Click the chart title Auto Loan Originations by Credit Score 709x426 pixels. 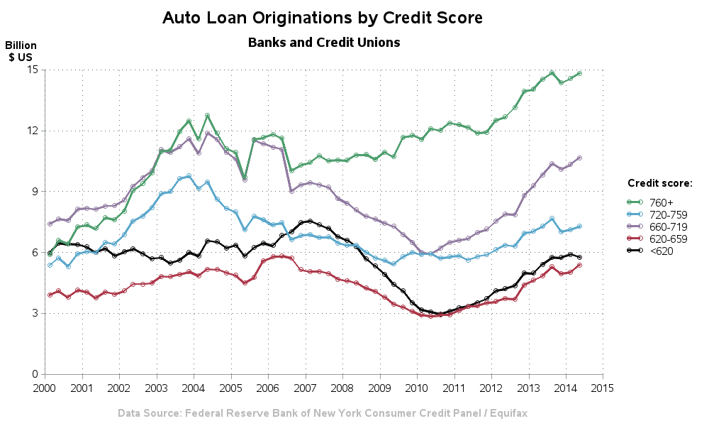coord(323,18)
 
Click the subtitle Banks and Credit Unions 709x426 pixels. coord(324,43)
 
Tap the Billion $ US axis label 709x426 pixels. coord(21,50)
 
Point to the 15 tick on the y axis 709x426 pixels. coord(32,70)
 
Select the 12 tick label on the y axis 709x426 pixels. coord(32,131)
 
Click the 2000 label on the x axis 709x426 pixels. coord(45,388)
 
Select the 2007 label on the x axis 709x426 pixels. coord(306,388)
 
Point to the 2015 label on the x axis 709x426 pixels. coord(603,388)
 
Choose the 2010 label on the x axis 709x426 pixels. coord(417,388)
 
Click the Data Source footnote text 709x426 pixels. coord(323,413)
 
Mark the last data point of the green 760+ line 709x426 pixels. coord(579,73)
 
